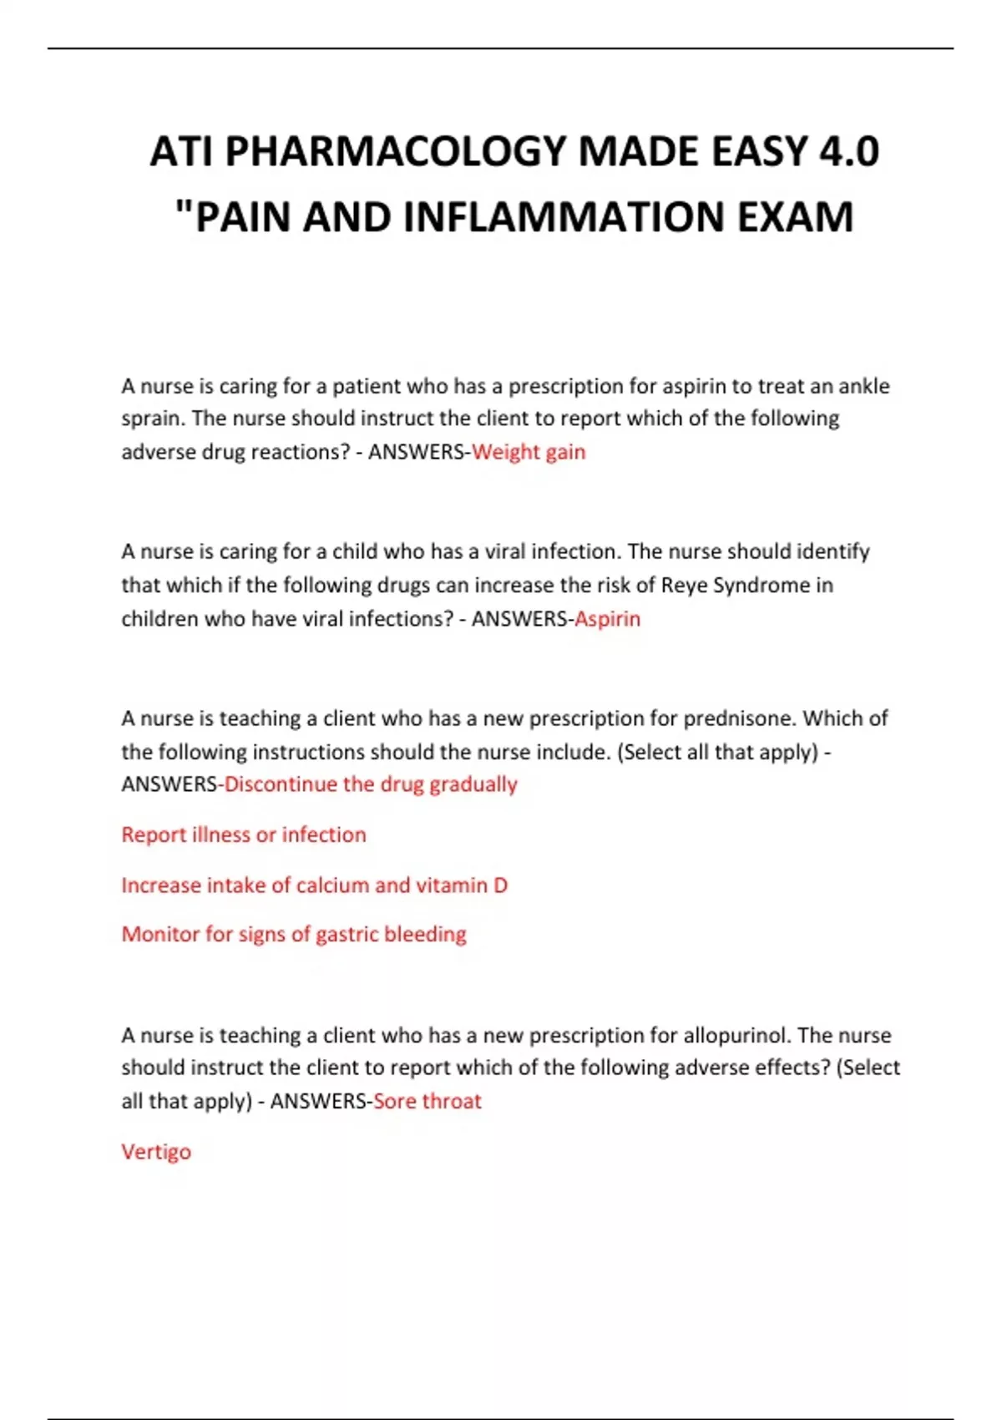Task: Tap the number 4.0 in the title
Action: pyautogui.click(x=848, y=152)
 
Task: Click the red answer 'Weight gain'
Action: pyautogui.click(x=529, y=452)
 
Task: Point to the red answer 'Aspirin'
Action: pyautogui.click(x=607, y=619)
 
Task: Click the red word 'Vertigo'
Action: pyautogui.click(x=156, y=1152)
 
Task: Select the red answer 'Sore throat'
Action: pyautogui.click(x=428, y=1101)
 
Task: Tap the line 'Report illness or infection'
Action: pyautogui.click(x=244, y=834)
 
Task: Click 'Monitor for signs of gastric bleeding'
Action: pyautogui.click(x=294, y=934)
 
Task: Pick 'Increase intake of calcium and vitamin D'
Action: pyautogui.click(x=314, y=885)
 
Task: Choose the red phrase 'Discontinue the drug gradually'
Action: pyautogui.click(x=371, y=784)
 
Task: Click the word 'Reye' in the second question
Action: pyautogui.click(x=684, y=585)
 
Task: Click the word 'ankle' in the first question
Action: pyautogui.click(x=863, y=386)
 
